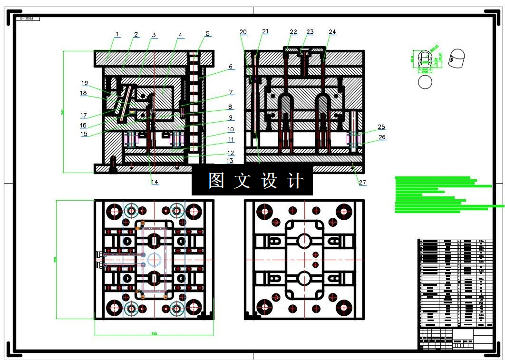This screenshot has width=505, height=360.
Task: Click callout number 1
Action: point(117,34)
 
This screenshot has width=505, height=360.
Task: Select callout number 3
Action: point(154,35)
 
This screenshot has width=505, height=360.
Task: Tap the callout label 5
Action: point(208,34)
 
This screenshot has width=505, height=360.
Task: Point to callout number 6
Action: point(231,67)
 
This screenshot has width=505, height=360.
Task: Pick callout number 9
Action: point(230,117)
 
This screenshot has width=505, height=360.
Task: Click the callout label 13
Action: point(230,161)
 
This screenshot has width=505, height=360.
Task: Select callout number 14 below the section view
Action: point(155,182)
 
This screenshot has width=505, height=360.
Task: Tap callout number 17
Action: point(83,115)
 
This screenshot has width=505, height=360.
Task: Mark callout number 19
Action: point(85,83)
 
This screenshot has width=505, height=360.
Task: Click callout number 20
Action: point(243,32)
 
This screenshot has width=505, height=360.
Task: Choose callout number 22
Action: point(293,32)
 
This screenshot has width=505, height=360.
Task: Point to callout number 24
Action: point(332,32)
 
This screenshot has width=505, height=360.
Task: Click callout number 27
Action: point(363,182)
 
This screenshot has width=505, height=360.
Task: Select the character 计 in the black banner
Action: point(296,180)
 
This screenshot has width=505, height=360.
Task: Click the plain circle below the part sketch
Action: point(425,82)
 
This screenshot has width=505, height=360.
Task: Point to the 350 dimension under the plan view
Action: point(154,333)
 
